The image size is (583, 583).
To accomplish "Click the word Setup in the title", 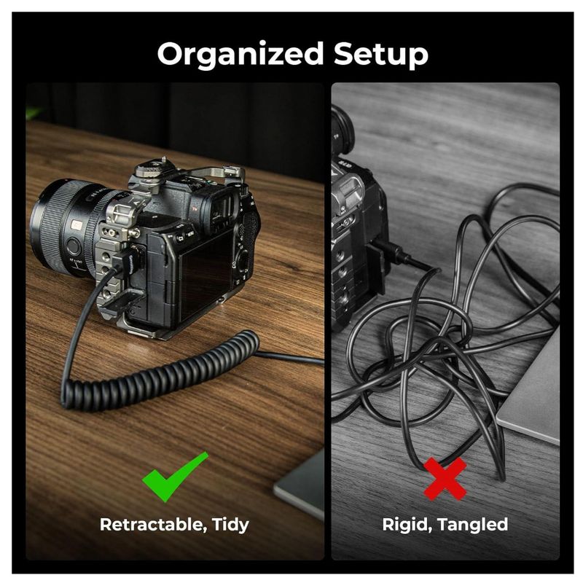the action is (x=380, y=54).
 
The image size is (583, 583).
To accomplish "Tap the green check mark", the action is (x=175, y=477).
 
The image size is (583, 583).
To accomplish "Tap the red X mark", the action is (x=445, y=479).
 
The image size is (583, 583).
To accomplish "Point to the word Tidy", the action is (x=230, y=525).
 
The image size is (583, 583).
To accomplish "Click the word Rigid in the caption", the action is (x=407, y=525).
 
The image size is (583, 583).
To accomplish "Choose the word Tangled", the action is (x=472, y=525).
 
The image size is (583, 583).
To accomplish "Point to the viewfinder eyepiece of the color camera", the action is (x=226, y=210).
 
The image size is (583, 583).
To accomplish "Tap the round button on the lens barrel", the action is (x=73, y=246).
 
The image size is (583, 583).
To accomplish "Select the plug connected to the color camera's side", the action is (x=128, y=259).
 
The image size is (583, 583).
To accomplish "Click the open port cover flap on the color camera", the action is (x=122, y=300).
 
